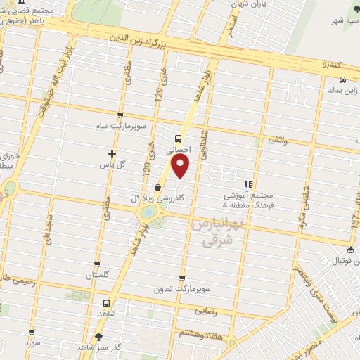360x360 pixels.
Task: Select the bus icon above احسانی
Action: (x=179, y=139)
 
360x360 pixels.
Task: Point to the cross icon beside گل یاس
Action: (x=111, y=153)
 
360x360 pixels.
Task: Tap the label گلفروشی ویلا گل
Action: (x=151, y=199)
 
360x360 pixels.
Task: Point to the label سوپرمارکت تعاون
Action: (x=183, y=289)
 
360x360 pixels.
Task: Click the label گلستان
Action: (x=99, y=276)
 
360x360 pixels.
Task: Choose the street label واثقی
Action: (x=278, y=141)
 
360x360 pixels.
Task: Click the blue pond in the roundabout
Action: (x=149, y=212)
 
